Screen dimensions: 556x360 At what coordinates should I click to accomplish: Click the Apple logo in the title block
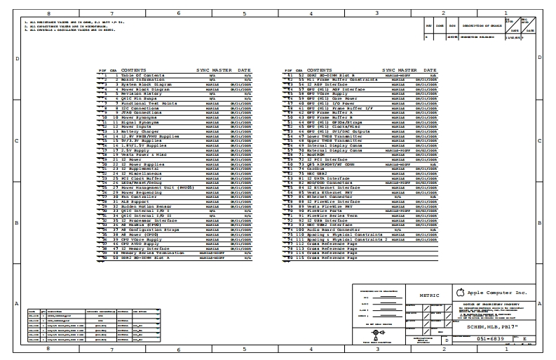click(x=460, y=292)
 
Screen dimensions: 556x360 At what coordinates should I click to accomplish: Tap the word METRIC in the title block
click(x=428, y=295)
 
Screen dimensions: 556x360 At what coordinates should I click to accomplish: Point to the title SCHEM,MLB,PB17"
click(x=489, y=324)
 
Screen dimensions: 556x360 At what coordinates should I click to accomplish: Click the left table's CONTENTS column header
click(x=134, y=70)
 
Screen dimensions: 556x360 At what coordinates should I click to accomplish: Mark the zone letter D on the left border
click(x=17, y=59)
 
